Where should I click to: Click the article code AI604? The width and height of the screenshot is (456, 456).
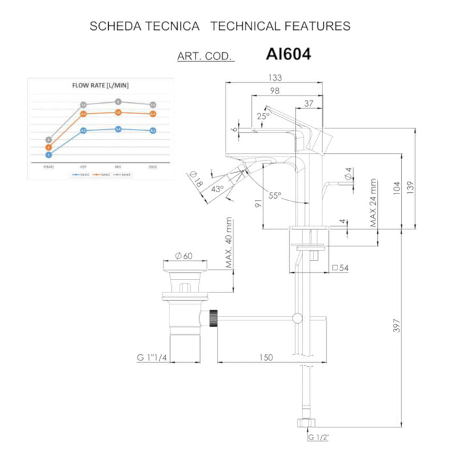click(x=288, y=54)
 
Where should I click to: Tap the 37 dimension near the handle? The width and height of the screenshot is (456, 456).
click(x=309, y=102)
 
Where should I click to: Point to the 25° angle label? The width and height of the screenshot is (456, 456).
click(x=263, y=116)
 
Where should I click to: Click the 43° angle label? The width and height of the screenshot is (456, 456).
click(x=218, y=189)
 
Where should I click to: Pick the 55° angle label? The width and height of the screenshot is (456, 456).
click(x=274, y=195)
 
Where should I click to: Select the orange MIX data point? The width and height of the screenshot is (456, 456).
click(x=118, y=112)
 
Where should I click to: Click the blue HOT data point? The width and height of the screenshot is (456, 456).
click(x=83, y=131)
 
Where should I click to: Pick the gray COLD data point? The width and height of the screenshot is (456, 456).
click(x=152, y=104)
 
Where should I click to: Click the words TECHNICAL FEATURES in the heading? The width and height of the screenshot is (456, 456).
click(x=281, y=26)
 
